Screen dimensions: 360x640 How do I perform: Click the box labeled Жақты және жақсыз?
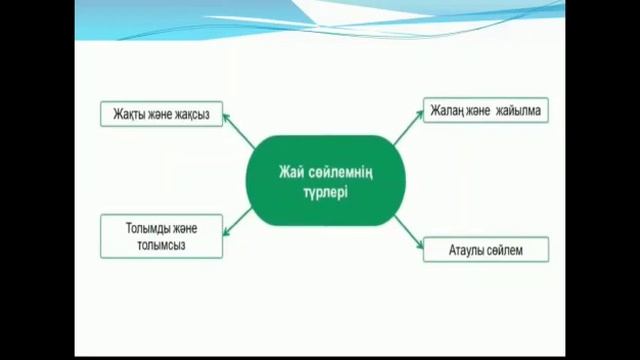coord(161,113)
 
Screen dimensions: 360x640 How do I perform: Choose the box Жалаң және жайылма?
coord(485,111)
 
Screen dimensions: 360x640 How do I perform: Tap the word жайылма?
coord(517,111)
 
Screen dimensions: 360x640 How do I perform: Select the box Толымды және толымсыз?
coord(161,236)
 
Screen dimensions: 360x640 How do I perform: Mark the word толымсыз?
coord(161,244)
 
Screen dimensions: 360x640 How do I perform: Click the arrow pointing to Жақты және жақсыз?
coord(239,131)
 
